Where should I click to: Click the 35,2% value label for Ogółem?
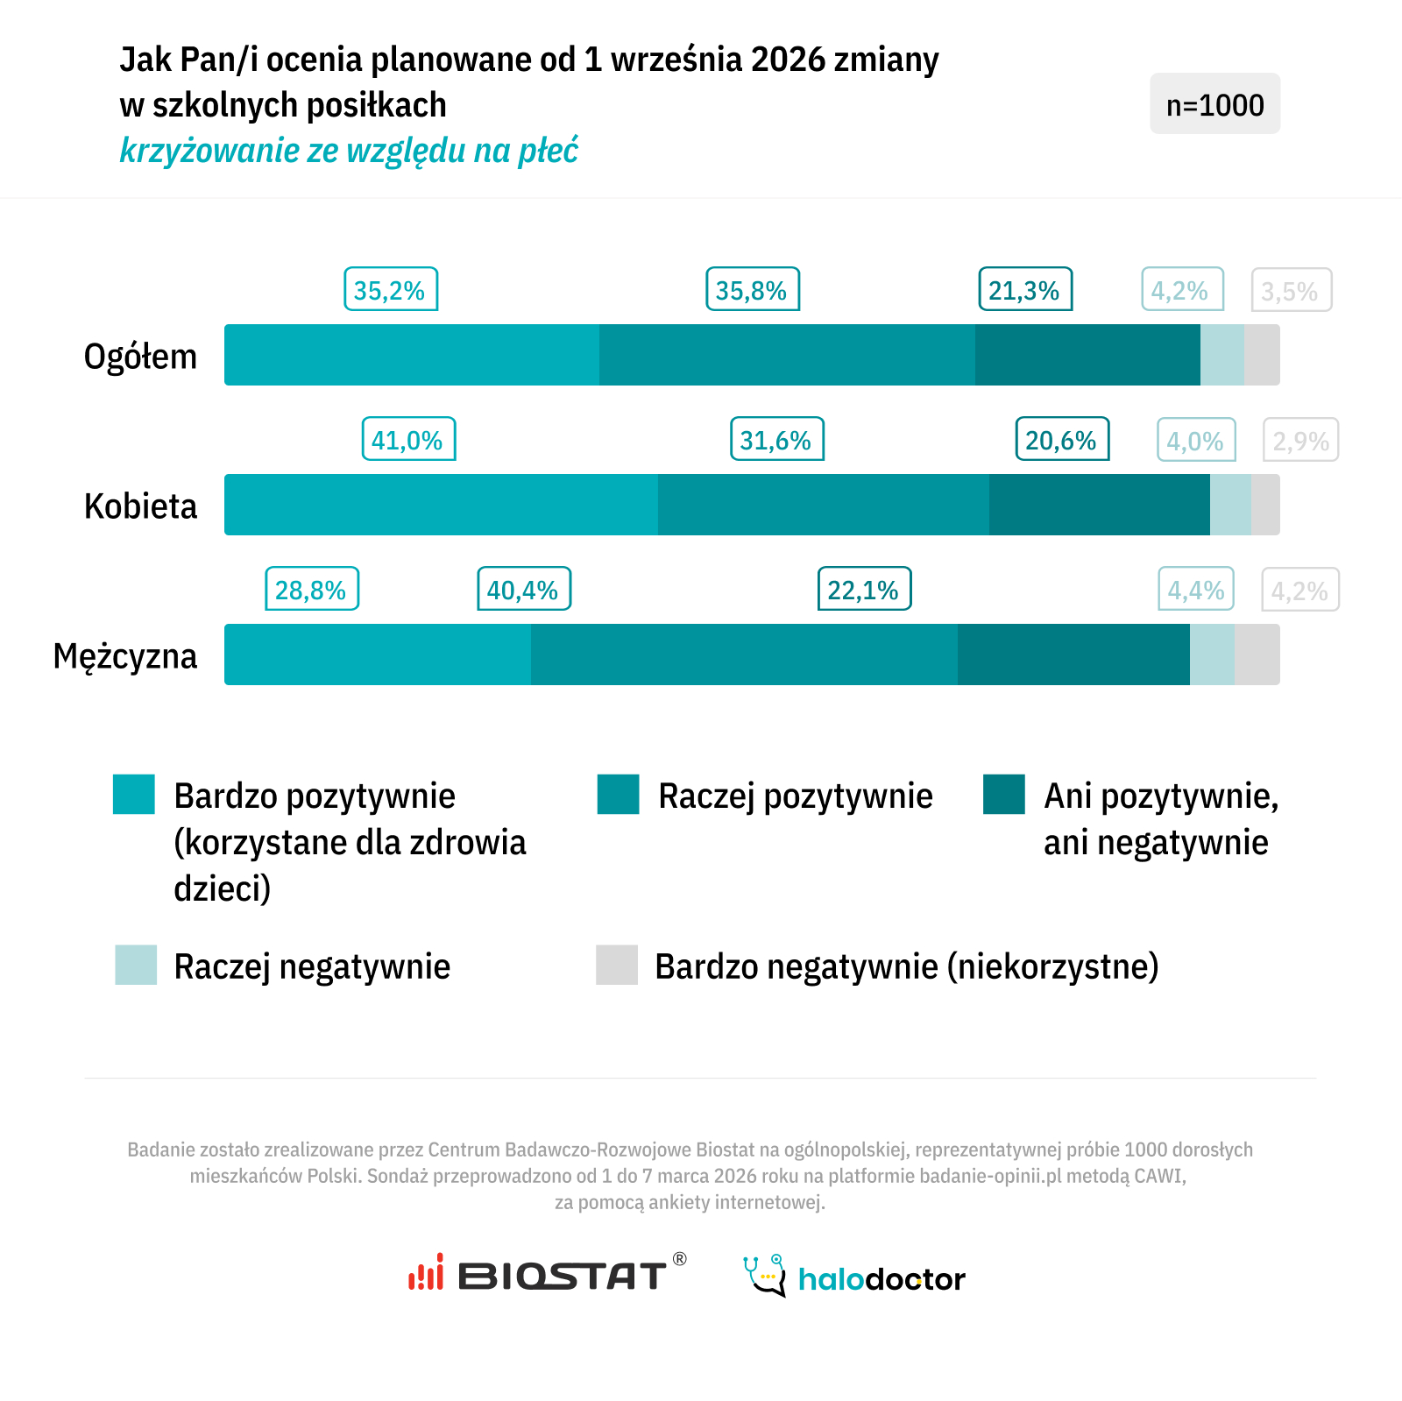(x=390, y=290)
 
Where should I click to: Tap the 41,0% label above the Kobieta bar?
(x=408, y=440)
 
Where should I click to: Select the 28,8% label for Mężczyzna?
(x=312, y=590)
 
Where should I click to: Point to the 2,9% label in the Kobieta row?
(x=1300, y=441)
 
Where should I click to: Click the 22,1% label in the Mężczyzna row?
(x=864, y=590)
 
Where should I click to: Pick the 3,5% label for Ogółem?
(x=1291, y=291)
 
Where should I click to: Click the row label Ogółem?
(x=140, y=357)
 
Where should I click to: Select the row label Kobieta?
(x=140, y=506)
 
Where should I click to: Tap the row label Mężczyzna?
(x=125, y=656)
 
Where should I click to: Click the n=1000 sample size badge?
(x=1214, y=104)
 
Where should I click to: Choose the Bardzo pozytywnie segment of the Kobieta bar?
(x=441, y=505)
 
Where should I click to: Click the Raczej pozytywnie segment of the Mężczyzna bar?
(x=744, y=655)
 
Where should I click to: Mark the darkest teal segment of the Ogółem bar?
(x=1087, y=355)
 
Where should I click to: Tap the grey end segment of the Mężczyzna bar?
(x=1257, y=655)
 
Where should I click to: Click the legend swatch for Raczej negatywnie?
(x=136, y=965)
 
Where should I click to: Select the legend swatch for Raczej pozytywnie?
(x=618, y=795)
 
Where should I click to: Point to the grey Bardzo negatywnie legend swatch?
(x=617, y=965)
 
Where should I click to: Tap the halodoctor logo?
(x=854, y=1277)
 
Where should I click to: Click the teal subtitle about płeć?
(x=349, y=151)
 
